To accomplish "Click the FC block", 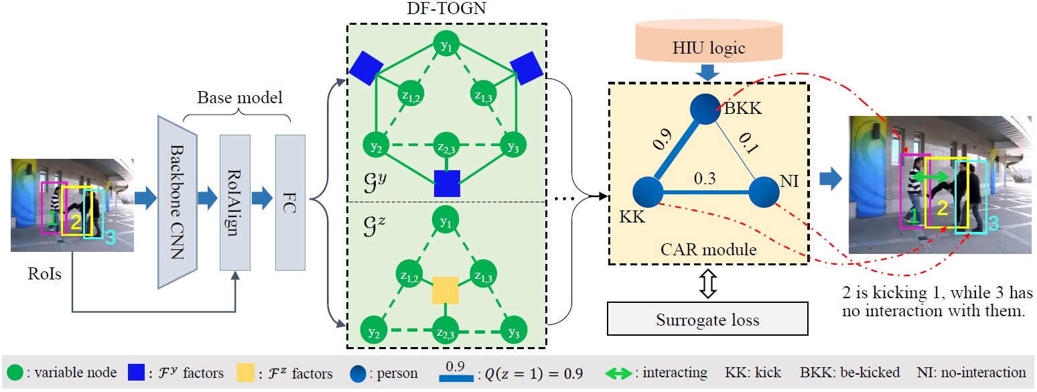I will click(290, 202).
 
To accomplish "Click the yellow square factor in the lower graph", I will click(445, 289).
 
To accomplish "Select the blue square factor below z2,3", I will click(445, 182).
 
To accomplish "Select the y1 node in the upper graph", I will click(445, 46).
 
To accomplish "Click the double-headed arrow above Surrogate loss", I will click(708, 284).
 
